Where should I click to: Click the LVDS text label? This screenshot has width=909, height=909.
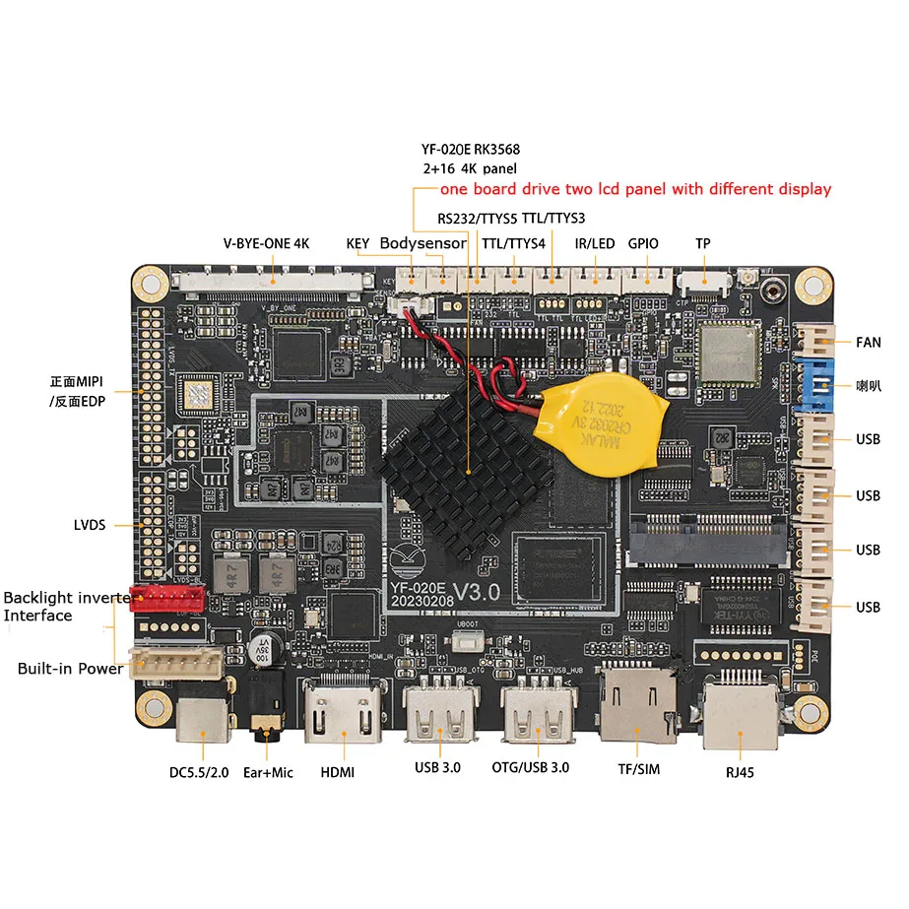tap(90, 524)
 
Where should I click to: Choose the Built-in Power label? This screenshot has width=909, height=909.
tap(71, 669)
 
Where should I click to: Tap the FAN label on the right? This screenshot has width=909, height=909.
tap(868, 343)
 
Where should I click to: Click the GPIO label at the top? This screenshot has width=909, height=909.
tap(643, 243)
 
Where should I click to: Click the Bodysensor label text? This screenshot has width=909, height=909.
tap(423, 243)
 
